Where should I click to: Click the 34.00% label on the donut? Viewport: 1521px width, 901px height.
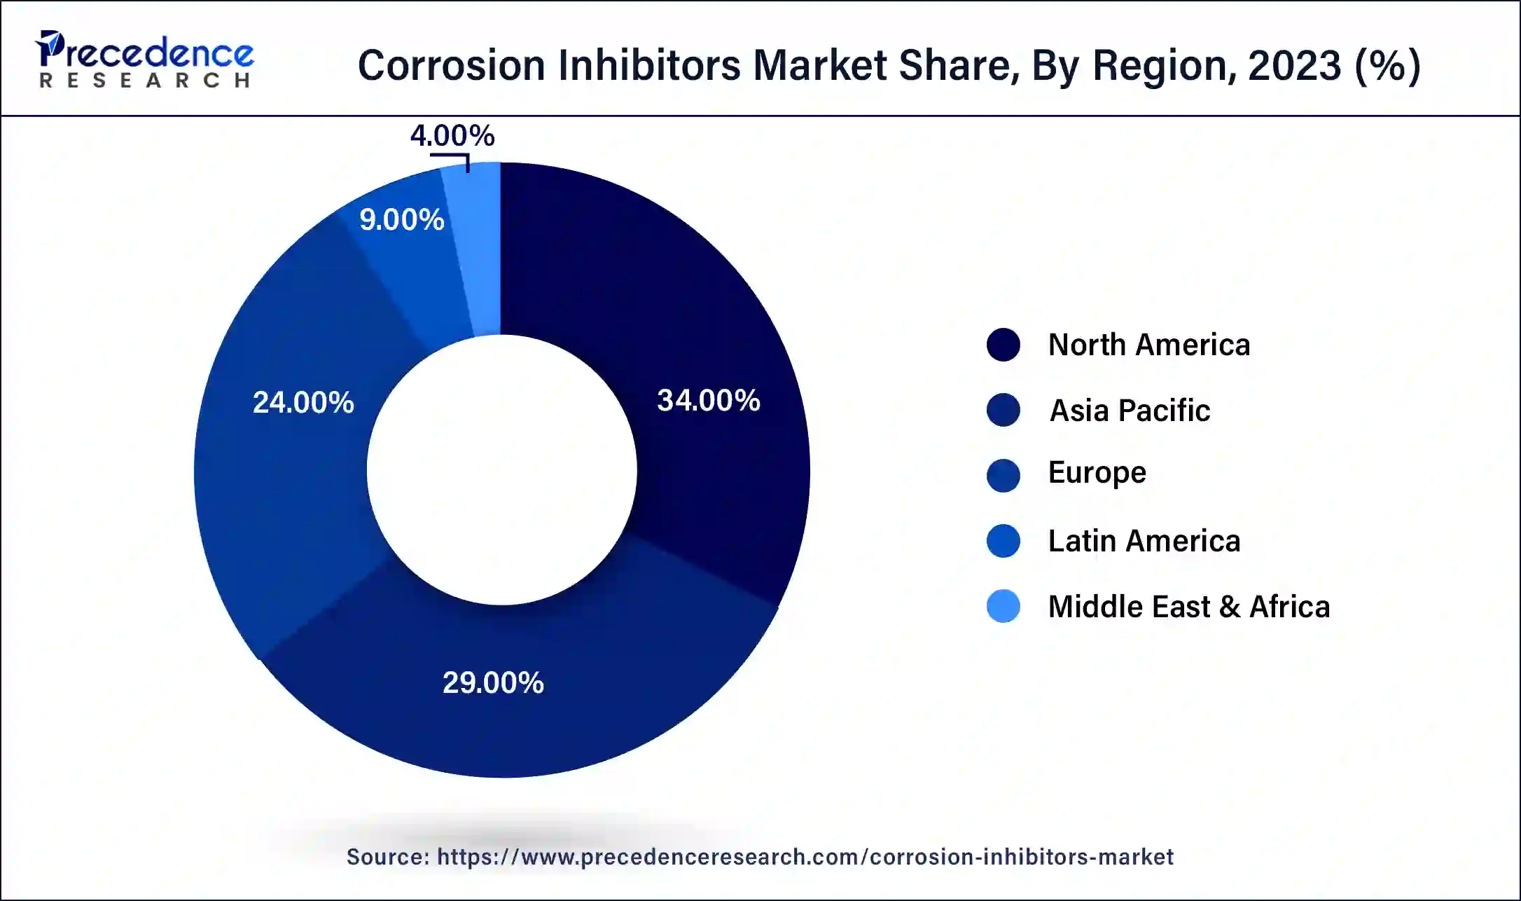coord(708,401)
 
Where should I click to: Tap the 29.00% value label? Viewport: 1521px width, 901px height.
coord(493,683)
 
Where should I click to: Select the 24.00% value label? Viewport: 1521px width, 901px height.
coord(303,403)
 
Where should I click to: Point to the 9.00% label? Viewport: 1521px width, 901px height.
coord(401,220)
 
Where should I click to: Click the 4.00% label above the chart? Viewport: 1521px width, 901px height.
coord(452,136)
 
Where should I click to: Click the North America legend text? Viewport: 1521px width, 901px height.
coord(1148,345)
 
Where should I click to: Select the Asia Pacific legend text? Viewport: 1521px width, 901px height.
coord(1130,411)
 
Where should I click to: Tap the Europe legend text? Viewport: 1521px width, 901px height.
coord(1097,473)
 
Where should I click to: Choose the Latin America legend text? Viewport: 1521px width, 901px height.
coord(1144,541)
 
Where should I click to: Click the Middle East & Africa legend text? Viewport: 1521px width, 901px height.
coord(1188,607)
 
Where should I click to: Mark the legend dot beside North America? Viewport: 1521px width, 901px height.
coord(1003,345)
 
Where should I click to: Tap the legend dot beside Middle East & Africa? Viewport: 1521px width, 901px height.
coord(1003,607)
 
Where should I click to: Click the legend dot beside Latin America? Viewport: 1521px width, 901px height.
coord(1003,541)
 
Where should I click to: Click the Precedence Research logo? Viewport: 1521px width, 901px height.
coord(145,60)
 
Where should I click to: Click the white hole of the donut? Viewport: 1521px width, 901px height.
coord(501,470)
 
